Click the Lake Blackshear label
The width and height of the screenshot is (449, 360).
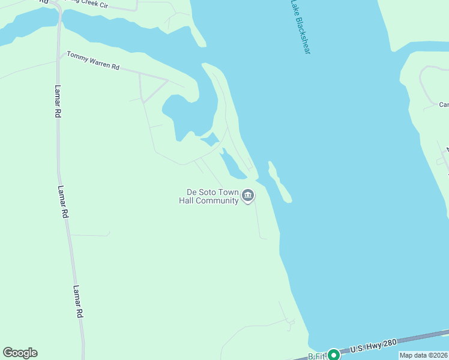tap(300, 27)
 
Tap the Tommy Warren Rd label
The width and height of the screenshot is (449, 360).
tap(93, 59)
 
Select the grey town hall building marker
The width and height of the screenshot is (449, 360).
tap(247, 196)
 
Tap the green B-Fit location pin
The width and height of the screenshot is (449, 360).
tap(333, 355)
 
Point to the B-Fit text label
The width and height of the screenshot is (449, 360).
tap(316, 356)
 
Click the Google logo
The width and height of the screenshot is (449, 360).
tap(20, 353)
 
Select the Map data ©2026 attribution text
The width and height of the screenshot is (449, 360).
tap(423, 355)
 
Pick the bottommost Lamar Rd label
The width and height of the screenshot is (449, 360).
tap(78, 301)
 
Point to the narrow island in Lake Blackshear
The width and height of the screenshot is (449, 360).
tap(280, 182)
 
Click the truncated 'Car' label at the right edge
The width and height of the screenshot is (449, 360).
tap(444, 104)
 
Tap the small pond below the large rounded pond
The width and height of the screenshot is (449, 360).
tap(210, 140)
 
